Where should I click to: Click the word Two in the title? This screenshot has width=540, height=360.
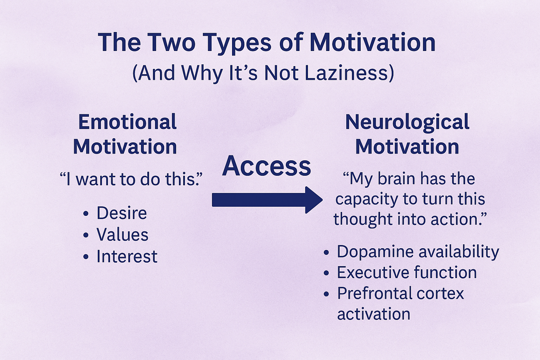172,42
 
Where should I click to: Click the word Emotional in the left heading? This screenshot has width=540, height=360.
127,122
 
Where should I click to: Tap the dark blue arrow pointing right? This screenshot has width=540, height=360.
267,200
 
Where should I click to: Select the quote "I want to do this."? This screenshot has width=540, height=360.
131,179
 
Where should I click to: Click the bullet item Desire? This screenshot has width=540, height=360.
122,213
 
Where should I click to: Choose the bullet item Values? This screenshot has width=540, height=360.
122,234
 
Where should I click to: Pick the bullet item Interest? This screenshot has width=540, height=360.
127,256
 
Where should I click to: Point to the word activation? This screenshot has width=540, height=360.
374,314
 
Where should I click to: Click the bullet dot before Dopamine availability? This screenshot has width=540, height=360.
326,252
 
